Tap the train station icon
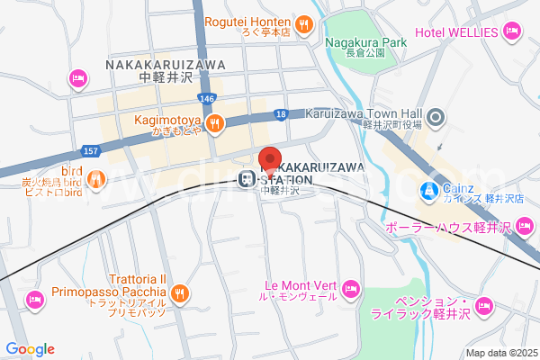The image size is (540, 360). [245, 178]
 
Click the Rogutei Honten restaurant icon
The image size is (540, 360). [304, 22]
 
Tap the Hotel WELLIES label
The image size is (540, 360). [456, 33]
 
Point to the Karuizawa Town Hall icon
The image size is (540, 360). [436, 115]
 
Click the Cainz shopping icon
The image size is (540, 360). [429, 191]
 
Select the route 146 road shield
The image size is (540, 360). [207, 98]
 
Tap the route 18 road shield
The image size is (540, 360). [282, 114]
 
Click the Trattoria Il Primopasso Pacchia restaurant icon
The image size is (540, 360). [180, 292]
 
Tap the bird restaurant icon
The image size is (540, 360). [97, 176]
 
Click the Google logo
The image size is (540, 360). [30, 349]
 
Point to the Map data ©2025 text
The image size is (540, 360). [499, 353]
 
